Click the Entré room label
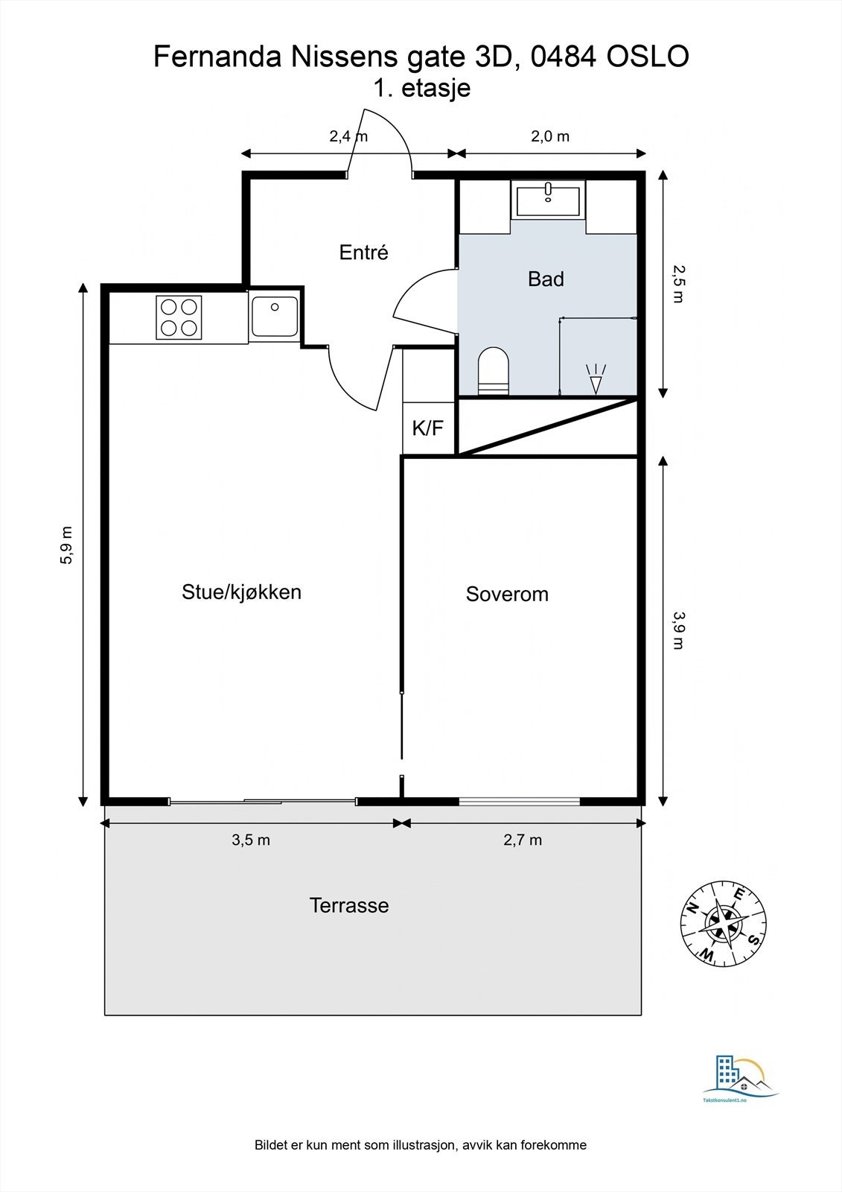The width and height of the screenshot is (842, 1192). coord(363,253)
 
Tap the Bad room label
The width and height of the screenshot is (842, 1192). coord(546,279)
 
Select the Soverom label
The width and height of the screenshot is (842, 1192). coord(507,595)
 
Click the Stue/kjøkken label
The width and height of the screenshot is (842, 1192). coord(241,592)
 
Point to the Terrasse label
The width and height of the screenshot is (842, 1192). coord(348,906)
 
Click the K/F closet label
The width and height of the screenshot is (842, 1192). coord(427,428)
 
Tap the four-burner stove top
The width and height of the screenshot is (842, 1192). coord(179,317)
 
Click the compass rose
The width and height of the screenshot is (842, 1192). coord(723,923)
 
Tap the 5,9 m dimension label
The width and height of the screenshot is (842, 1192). coord(67,545)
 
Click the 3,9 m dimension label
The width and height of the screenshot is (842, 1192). coord(677,630)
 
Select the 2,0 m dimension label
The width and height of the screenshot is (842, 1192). coord(549,136)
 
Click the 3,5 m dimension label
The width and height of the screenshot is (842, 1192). coord(251,840)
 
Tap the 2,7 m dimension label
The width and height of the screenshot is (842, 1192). coord(523,840)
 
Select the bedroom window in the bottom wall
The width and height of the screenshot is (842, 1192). coord(519,802)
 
